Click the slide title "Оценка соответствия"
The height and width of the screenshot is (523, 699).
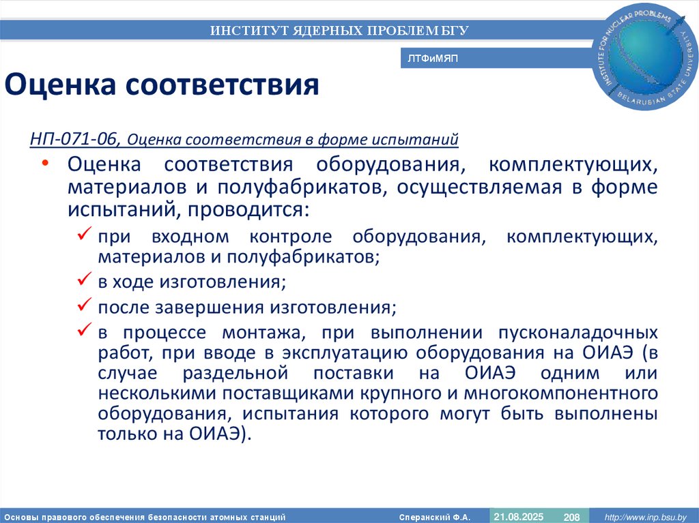(162, 85)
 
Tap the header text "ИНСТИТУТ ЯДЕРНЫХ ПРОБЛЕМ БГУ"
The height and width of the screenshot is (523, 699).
(339, 30)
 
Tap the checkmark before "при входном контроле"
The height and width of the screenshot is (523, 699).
(85, 235)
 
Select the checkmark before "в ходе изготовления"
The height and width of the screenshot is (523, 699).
(85, 280)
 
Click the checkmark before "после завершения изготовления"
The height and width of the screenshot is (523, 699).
(85, 306)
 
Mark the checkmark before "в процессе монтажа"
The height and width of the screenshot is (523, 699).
(85, 331)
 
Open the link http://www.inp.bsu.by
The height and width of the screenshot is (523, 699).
(640, 517)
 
